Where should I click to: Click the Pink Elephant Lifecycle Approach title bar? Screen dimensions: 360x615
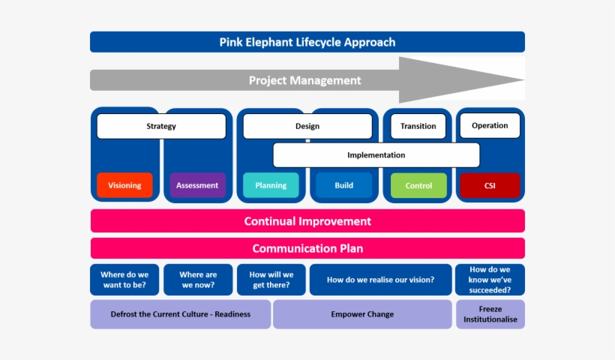tap(307, 42)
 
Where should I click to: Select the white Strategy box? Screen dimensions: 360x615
tap(161, 126)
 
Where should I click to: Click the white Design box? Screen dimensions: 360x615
tap(307, 126)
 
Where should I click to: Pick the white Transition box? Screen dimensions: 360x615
tap(418, 126)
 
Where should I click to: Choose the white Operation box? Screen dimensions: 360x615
tap(490, 125)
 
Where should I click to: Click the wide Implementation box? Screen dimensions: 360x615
tap(376, 155)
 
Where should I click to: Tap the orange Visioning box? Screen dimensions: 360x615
tap(124, 185)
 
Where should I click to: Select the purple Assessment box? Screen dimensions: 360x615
tap(197, 185)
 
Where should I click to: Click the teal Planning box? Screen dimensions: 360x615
tap(270, 185)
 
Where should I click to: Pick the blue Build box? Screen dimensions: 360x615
tap(343, 185)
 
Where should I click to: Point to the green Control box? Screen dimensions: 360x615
tap(418, 185)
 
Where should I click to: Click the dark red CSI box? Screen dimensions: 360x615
tap(490, 185)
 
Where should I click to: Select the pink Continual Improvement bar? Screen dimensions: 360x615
tap(307, 221)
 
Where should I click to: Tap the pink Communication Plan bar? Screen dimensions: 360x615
tap(307, 248)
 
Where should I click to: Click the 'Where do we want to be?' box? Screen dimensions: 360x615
tap(124, 280)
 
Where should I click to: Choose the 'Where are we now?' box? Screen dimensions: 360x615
tap(197, 280)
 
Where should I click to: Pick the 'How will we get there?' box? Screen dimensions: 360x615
tap(271, 280)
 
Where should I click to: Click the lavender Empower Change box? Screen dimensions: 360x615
tap(361, 314)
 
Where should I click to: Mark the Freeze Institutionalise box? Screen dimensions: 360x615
tap(490, 314)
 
